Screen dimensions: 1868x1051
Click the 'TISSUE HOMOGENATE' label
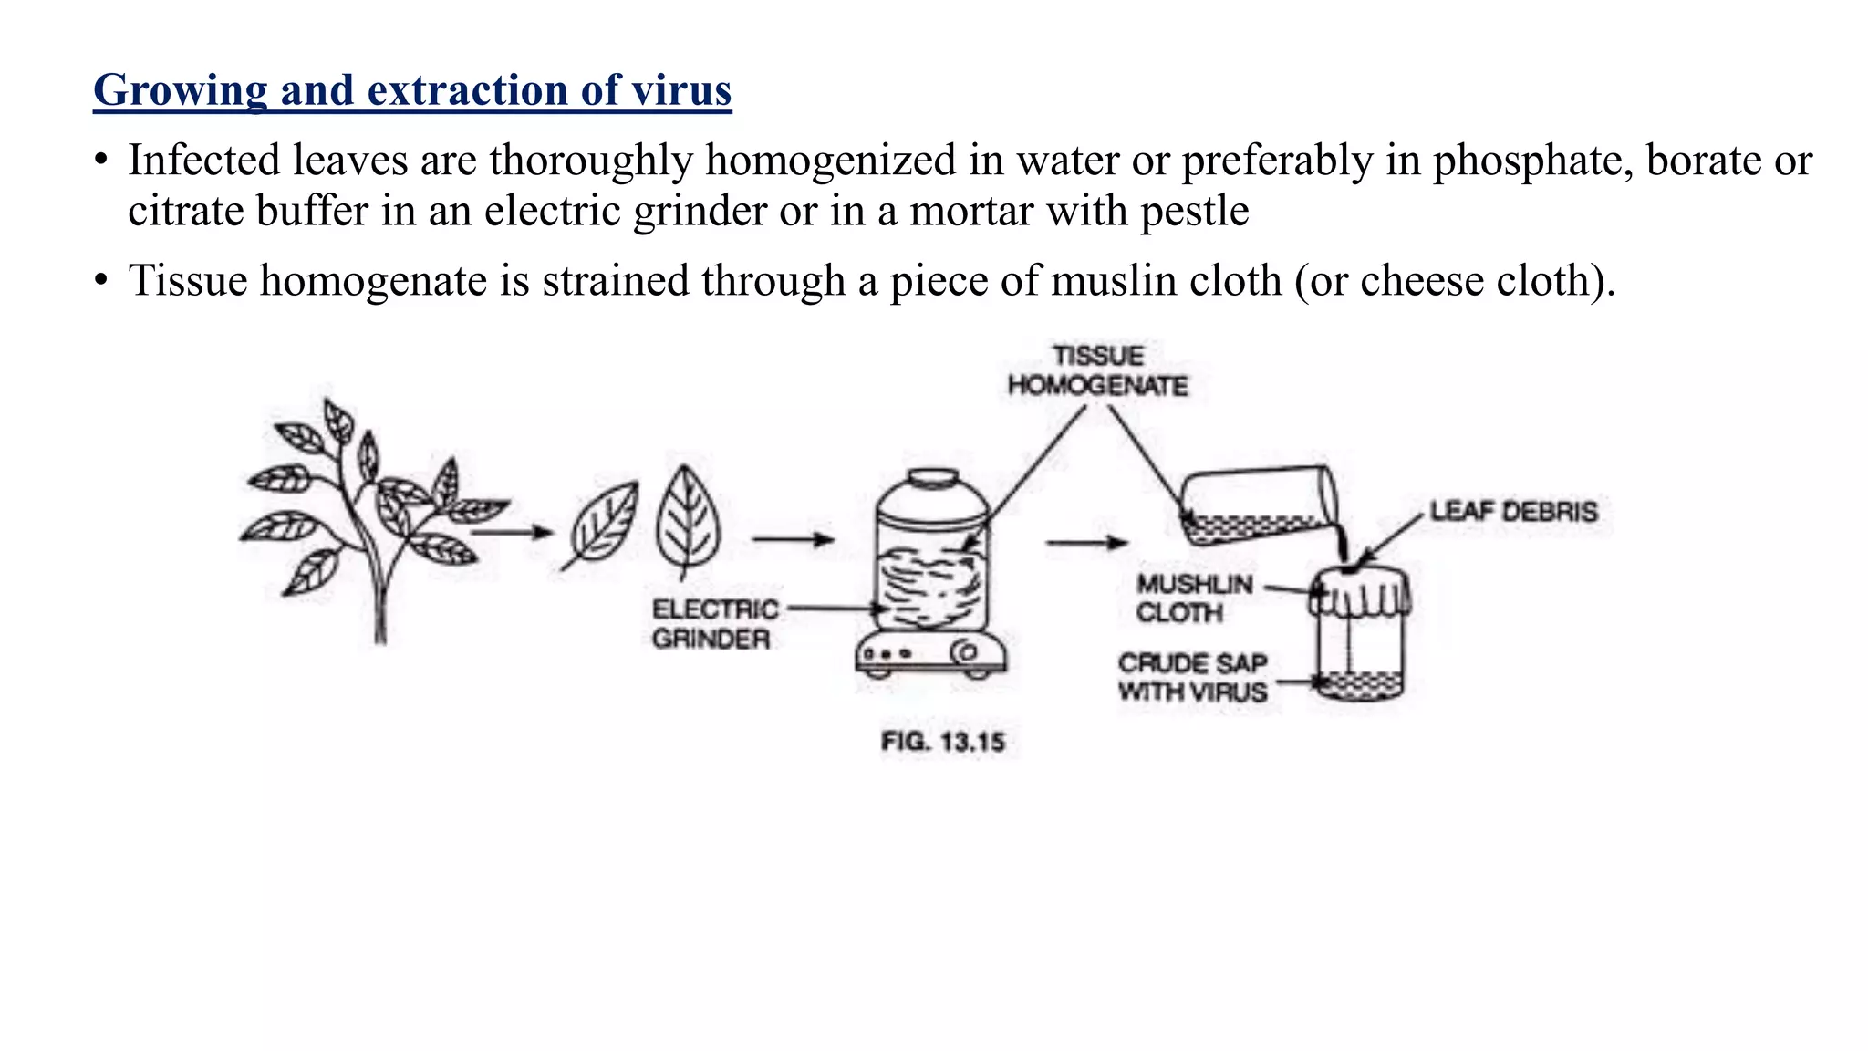point(1098,370)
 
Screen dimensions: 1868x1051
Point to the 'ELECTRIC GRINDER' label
point(715,624)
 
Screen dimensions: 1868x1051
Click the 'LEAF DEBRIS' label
point(1513,512)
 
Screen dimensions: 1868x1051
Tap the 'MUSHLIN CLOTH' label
point(1194,598)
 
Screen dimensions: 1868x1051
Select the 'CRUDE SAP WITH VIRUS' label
point(1193,678)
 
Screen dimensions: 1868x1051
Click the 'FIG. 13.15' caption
point(942,742)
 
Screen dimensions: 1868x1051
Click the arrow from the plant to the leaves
point(513,532)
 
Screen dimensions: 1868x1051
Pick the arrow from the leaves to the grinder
point(793,539)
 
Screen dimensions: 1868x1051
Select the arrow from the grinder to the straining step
point(1086,543)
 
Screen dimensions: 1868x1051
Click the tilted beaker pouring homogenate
point(1258,506)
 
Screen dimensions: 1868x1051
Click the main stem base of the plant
point(380,620)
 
